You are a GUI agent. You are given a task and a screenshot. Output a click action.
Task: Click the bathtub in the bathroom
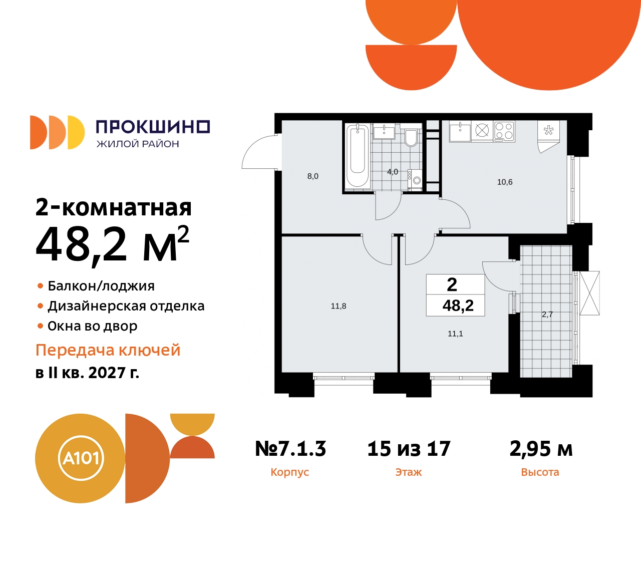click(x=358, y=156)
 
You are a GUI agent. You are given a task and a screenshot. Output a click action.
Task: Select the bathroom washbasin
click(x=384, y=132)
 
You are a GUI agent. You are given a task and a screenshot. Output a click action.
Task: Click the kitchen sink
click(x=459, y=132)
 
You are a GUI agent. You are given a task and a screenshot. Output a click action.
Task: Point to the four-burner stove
click(x=504, y=131)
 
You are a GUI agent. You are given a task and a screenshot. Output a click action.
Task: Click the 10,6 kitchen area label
click(x=504, y=182)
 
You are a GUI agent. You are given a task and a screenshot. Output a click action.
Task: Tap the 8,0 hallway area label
click(x=312, y=176)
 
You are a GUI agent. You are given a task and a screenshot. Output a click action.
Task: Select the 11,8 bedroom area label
click(x=339, y=306)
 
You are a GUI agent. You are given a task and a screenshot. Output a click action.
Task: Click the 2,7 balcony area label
click(x=547, y=315)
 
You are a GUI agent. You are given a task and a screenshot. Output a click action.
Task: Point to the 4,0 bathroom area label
click(x=393, y=172)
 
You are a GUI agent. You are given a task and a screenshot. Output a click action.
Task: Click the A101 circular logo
click(x=80, y=458)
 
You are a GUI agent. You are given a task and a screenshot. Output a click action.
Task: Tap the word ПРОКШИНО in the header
click(x=153, y=127)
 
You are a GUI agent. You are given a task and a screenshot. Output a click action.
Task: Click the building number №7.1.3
click(x=290, y=449)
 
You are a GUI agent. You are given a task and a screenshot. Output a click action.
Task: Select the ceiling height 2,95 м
click(x=541, y=449)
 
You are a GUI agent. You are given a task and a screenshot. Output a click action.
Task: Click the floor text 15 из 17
click(x=409, y=449)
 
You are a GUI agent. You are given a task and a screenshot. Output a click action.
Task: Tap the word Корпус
click(x=289, y=472)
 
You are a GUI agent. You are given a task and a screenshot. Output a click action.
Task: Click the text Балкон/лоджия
click(x=101, y=286)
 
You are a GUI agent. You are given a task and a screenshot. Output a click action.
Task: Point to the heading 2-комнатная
click(x=114, y=207)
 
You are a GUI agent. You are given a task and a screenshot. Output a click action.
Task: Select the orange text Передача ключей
click(x=108, y=350)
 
